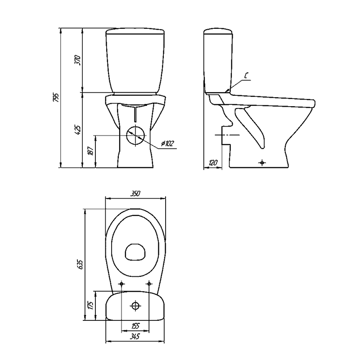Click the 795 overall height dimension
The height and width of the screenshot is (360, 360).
click(x=56, y=98)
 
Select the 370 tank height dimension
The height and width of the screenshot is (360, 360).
click(x=77, y=60)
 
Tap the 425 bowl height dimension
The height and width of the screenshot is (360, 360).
click(x=77, y=130)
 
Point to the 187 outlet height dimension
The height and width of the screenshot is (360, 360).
click(x=90, y=152)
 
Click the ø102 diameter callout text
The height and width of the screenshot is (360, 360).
click(x=167, y=144)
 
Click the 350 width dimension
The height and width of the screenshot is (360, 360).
click(x=135, y=193)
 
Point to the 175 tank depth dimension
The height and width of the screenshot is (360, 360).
click(x=90, y=306)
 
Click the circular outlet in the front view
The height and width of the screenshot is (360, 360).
click(x=135, y=135)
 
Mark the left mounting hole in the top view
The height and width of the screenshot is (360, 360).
click(x=121, y=284)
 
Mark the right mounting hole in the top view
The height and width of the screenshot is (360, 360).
click(x=149, y=284)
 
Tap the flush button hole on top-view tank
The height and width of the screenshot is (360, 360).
click(x=135, y=306)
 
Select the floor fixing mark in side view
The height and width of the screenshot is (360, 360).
click(x=263, y=162)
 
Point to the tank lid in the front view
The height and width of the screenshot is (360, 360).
click(x=135, y=32)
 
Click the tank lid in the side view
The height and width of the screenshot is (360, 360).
click(x=219, y=32)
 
